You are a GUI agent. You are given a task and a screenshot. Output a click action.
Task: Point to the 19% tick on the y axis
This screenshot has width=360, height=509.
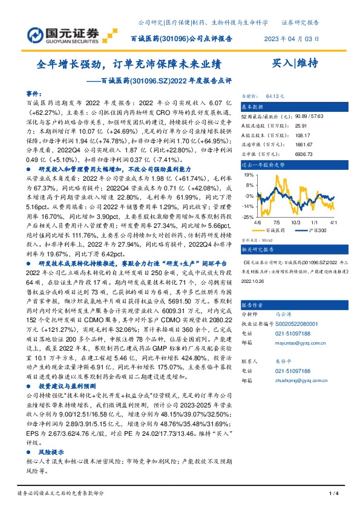point(248,174)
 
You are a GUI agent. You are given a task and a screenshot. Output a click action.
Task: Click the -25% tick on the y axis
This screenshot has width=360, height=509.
point(247,216)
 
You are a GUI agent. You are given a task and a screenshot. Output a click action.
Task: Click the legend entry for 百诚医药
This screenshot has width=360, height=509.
point(273,231)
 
